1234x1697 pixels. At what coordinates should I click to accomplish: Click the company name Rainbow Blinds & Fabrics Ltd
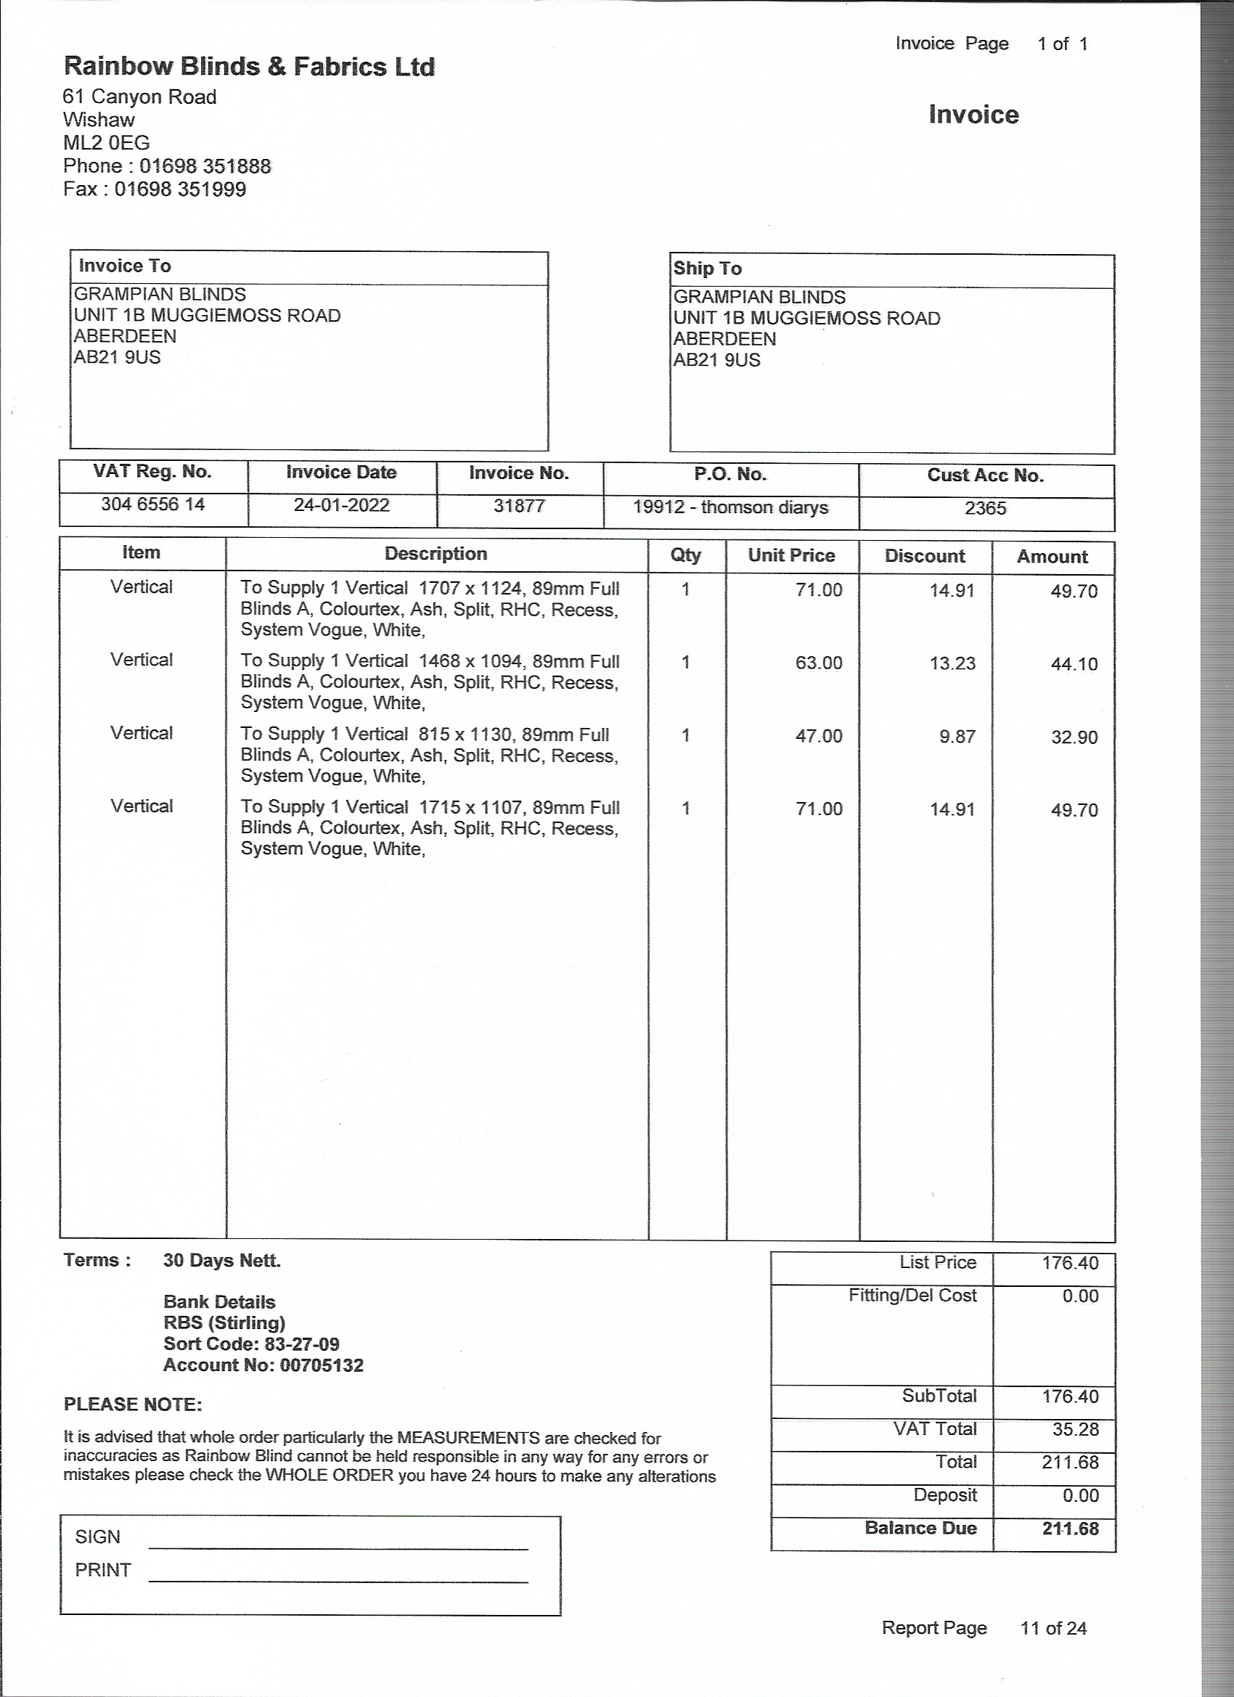click(x=248, y=67)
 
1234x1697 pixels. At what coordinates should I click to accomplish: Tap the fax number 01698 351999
click(x=179, y=189)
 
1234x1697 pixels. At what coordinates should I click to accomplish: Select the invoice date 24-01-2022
click(x=341, y=505)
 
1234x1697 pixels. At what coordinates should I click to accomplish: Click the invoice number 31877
click(x=518, y=506)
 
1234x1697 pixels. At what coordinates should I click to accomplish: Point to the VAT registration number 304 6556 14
click(x=152, y=504)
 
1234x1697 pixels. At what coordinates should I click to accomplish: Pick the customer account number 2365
click(x=985, y=508)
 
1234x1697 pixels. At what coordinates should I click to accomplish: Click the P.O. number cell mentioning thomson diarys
click(x=730, y=507)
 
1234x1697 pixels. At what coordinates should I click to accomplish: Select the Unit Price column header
click(x=791, y=555)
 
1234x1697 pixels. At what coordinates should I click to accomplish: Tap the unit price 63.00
click(x=819, y=663)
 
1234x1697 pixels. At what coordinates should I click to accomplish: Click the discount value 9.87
click(x=957, y=736)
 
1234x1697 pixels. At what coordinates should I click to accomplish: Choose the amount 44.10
click(x=1074, y=663)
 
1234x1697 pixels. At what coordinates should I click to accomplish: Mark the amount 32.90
click(x=1074, y=737)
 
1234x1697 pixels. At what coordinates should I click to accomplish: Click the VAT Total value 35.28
click(x=1075, y=1429)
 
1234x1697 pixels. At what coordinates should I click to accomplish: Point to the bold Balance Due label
click(x=920, y=1528)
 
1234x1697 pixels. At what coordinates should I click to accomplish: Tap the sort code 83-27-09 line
click(x=251, y=1344)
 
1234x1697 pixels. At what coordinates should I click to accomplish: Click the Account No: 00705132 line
click(x=263, y=1365)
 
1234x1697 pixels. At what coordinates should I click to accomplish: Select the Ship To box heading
click(x=707, y=269)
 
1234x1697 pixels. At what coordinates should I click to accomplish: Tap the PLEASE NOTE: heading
click(x=132, y=1404)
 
